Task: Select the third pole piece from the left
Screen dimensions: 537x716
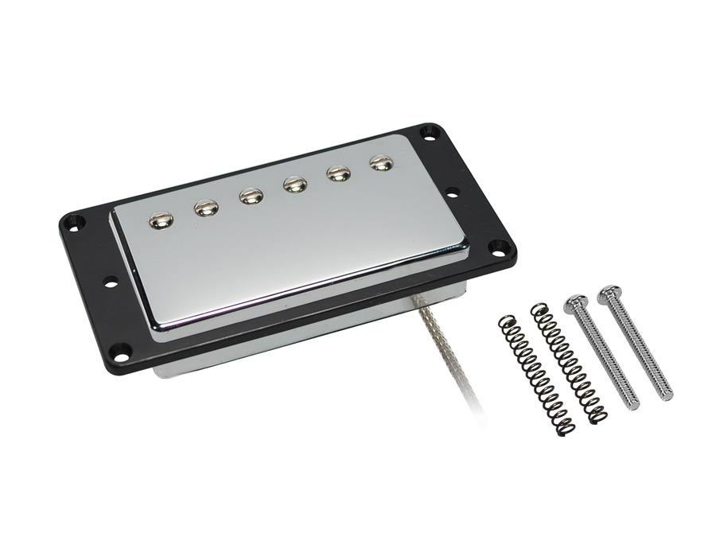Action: [x=251, y=196]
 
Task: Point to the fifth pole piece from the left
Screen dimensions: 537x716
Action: [x=338, y=173]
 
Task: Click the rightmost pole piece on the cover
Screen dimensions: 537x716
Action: [x=381, y=162]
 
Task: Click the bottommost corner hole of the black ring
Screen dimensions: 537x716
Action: [x=120, y=349]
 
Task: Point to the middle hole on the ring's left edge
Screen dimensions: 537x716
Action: [x=109, y=280]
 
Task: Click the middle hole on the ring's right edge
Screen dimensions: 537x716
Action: [x=453, y=191]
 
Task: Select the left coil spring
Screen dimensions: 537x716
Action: [x=535, y=374]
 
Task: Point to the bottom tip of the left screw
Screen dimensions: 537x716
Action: [x=633, y=406]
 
